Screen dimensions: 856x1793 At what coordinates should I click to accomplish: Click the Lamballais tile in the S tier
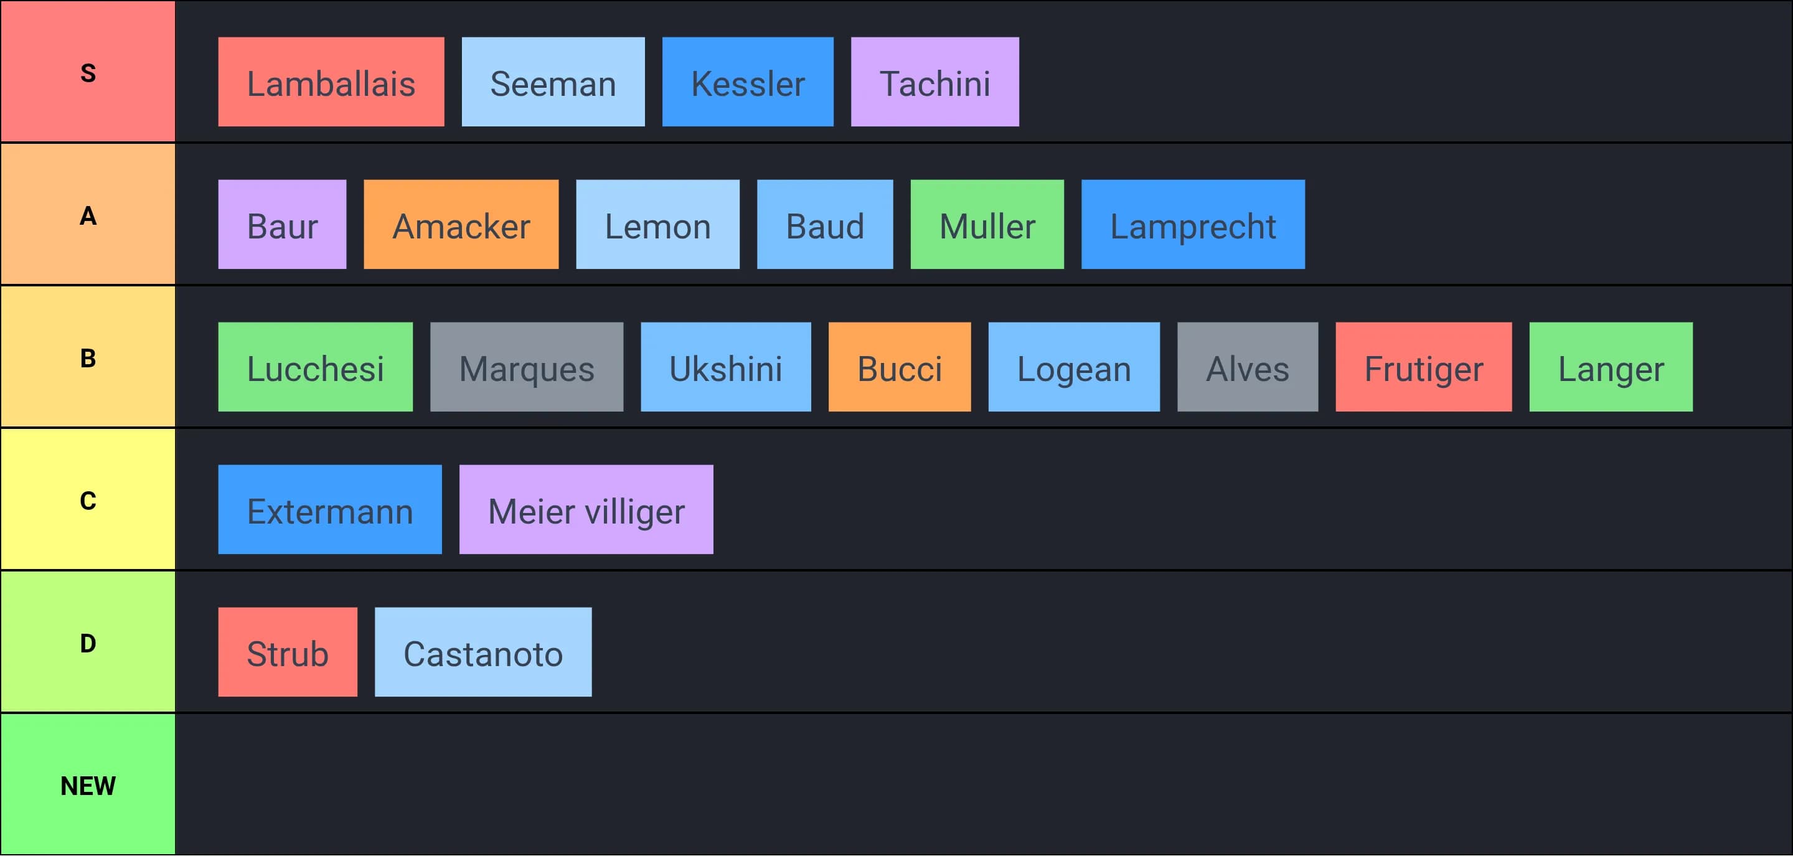[x=331, y=82]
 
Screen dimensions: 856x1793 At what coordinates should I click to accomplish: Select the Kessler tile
[x=748, y=82]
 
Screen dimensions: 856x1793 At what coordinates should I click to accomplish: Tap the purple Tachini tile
[x=934, y=82]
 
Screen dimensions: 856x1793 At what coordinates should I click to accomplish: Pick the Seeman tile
[x=553, y=82]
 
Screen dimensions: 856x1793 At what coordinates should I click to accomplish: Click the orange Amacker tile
[x=461, y=225]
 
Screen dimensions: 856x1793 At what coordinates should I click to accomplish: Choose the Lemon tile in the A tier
[x=658, y=225]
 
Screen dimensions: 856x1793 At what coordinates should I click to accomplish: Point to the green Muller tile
[x=987, y=225]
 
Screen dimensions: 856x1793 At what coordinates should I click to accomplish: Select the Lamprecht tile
[x=1193, y=225]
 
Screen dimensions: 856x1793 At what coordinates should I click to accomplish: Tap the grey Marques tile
[x=526, y=367]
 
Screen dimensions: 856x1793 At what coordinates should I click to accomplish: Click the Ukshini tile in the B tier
[x=725, y=367]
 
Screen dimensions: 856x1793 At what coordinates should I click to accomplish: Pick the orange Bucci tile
[x=899, y=367]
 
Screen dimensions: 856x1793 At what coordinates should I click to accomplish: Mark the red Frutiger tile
[x=1423, y=367]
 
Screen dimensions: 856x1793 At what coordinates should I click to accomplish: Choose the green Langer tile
[x=1611, y=367]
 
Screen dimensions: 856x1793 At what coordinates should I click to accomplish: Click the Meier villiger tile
[x=586, y=510]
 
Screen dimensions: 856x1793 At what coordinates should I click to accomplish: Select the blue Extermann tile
[x=330, y=510]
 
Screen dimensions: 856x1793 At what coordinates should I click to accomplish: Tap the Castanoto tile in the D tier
[x=483, y=653]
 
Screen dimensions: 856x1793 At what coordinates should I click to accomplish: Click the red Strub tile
[x=288, y=653]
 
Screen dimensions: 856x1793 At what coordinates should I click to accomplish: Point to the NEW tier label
[x=88, y=785]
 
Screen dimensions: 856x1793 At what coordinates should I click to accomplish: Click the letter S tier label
[x=88, y=72]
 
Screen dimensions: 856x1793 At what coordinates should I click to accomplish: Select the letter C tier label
[x=88, y=501]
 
